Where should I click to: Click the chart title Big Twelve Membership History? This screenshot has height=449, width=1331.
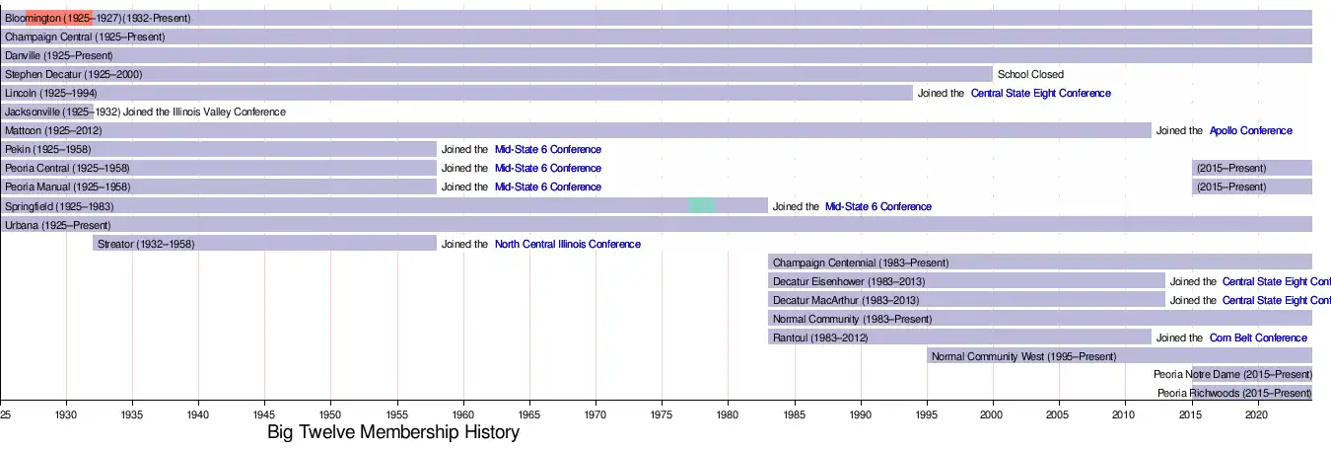tap(393, 432)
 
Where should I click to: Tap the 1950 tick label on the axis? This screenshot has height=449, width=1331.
tap(330, 413)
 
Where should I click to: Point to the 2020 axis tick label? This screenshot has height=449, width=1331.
tap(1256, 413)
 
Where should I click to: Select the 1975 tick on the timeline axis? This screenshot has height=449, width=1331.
tap(662, 413)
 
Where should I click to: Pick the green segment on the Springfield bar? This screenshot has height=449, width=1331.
tap(701, 205)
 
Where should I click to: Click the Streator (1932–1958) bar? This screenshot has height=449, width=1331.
tap(264, 244)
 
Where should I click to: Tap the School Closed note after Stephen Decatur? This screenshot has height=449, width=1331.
tap(1030, 74)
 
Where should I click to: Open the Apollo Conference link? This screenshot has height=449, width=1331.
tap(1250, 130)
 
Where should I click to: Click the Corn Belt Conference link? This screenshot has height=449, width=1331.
tap(1258, 337)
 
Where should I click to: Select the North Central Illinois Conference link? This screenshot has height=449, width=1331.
tap(567, 244)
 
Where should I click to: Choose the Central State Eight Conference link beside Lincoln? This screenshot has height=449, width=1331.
tap(1040, 93)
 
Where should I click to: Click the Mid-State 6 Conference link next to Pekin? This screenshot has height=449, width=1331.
tap(547, 149)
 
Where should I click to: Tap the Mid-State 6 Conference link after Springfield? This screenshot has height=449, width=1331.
tap(877, 206)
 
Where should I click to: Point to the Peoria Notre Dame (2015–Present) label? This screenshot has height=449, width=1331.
tap(1232, 375)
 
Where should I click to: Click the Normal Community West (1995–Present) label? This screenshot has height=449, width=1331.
tap(1023, 356)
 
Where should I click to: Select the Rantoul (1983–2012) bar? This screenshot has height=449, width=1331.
tap(958, 337)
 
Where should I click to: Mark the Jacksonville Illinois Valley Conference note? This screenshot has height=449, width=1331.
tap(204, 112)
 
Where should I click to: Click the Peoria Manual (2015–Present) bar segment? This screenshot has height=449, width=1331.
tap(1251, 187)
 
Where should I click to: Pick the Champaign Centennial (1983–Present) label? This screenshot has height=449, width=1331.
tap(860, 262)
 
